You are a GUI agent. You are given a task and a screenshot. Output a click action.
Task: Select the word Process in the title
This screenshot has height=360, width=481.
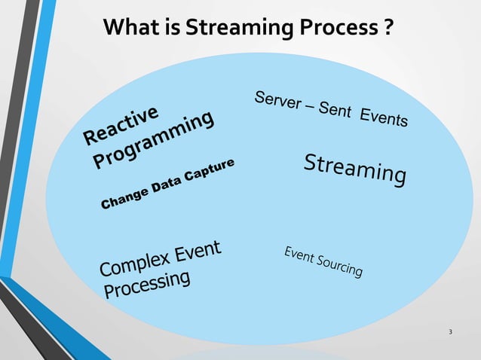point(335,28)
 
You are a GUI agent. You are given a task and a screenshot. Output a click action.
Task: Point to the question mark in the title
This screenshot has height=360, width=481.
point(386,28)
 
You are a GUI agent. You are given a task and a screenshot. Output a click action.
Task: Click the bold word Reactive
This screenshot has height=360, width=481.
point(121,125)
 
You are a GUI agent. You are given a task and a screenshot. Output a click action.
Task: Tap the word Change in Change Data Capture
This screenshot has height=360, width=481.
point(125,198)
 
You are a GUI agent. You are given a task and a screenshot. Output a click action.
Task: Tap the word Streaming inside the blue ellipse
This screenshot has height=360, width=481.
point(354,168)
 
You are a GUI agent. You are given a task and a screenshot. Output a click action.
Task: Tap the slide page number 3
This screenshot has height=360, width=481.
point(450,332)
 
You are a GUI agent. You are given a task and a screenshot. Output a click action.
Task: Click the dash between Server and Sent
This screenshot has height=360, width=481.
point(311,106)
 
